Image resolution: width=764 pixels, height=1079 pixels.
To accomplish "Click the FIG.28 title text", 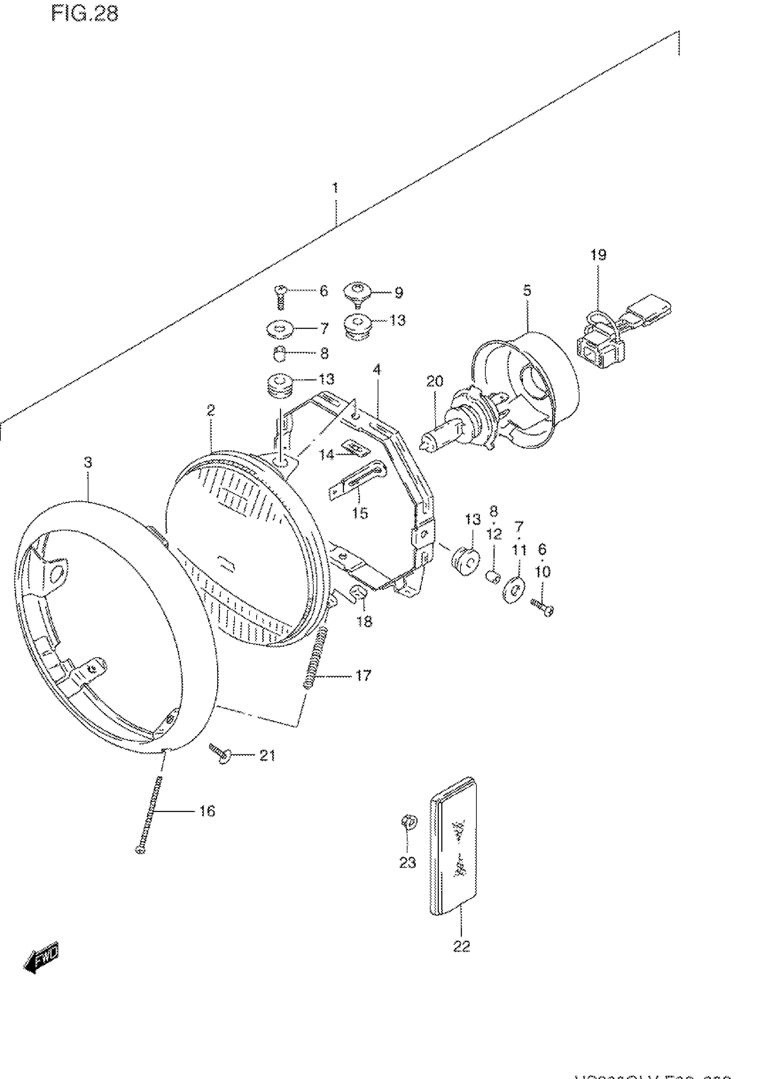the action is pos(84,14).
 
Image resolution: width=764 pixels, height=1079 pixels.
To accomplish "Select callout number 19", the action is pos(599,255).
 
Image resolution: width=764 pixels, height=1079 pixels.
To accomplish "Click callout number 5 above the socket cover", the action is pos(527,290).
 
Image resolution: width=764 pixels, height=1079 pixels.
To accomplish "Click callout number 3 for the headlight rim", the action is pos(88,463).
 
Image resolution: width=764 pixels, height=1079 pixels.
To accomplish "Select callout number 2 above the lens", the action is pos(211,410).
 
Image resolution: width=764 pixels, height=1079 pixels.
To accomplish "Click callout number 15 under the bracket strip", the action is pos(360,513).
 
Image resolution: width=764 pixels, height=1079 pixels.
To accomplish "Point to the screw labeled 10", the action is pos(542,607).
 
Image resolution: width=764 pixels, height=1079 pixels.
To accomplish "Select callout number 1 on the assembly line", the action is pos(335,188).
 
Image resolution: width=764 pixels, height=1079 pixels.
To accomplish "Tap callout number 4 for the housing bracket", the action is pos(376,370).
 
